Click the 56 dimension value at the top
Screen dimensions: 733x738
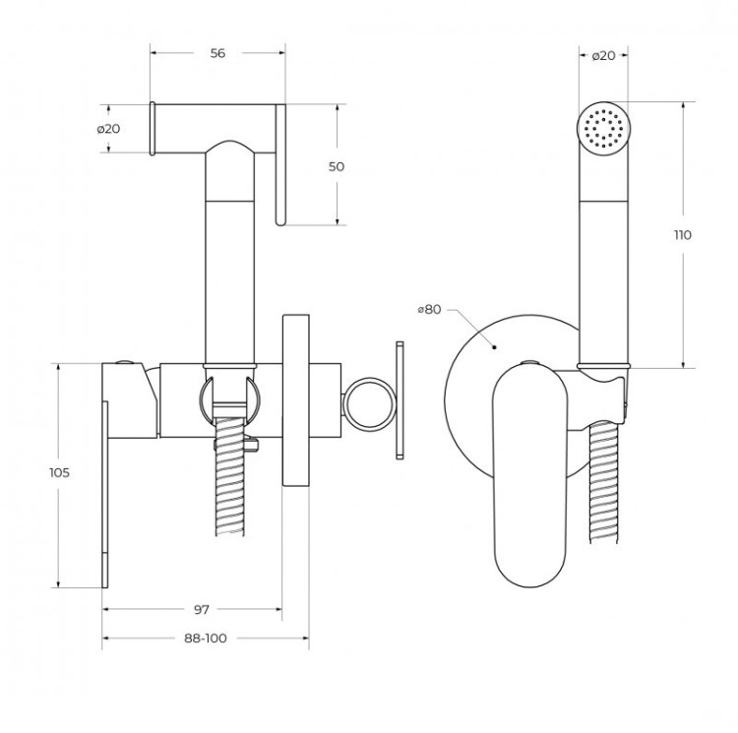(217, 53)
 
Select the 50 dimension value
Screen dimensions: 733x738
(337, 166)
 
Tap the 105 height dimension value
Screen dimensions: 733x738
(59, 472)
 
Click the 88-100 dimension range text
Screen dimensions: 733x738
(205, 639)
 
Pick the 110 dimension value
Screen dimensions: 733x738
(683, 234)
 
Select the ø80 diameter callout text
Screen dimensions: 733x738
(428, 309)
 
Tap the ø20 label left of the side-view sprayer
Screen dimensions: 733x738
(108, 129)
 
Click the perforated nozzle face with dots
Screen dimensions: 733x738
(602, 127)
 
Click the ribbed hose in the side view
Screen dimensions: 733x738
(229, 482)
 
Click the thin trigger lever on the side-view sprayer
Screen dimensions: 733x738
(279, 167)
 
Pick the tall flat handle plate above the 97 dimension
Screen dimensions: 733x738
(105, 482)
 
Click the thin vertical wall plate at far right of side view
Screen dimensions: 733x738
(399, 399)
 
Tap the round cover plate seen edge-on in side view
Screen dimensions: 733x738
(296, 399)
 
